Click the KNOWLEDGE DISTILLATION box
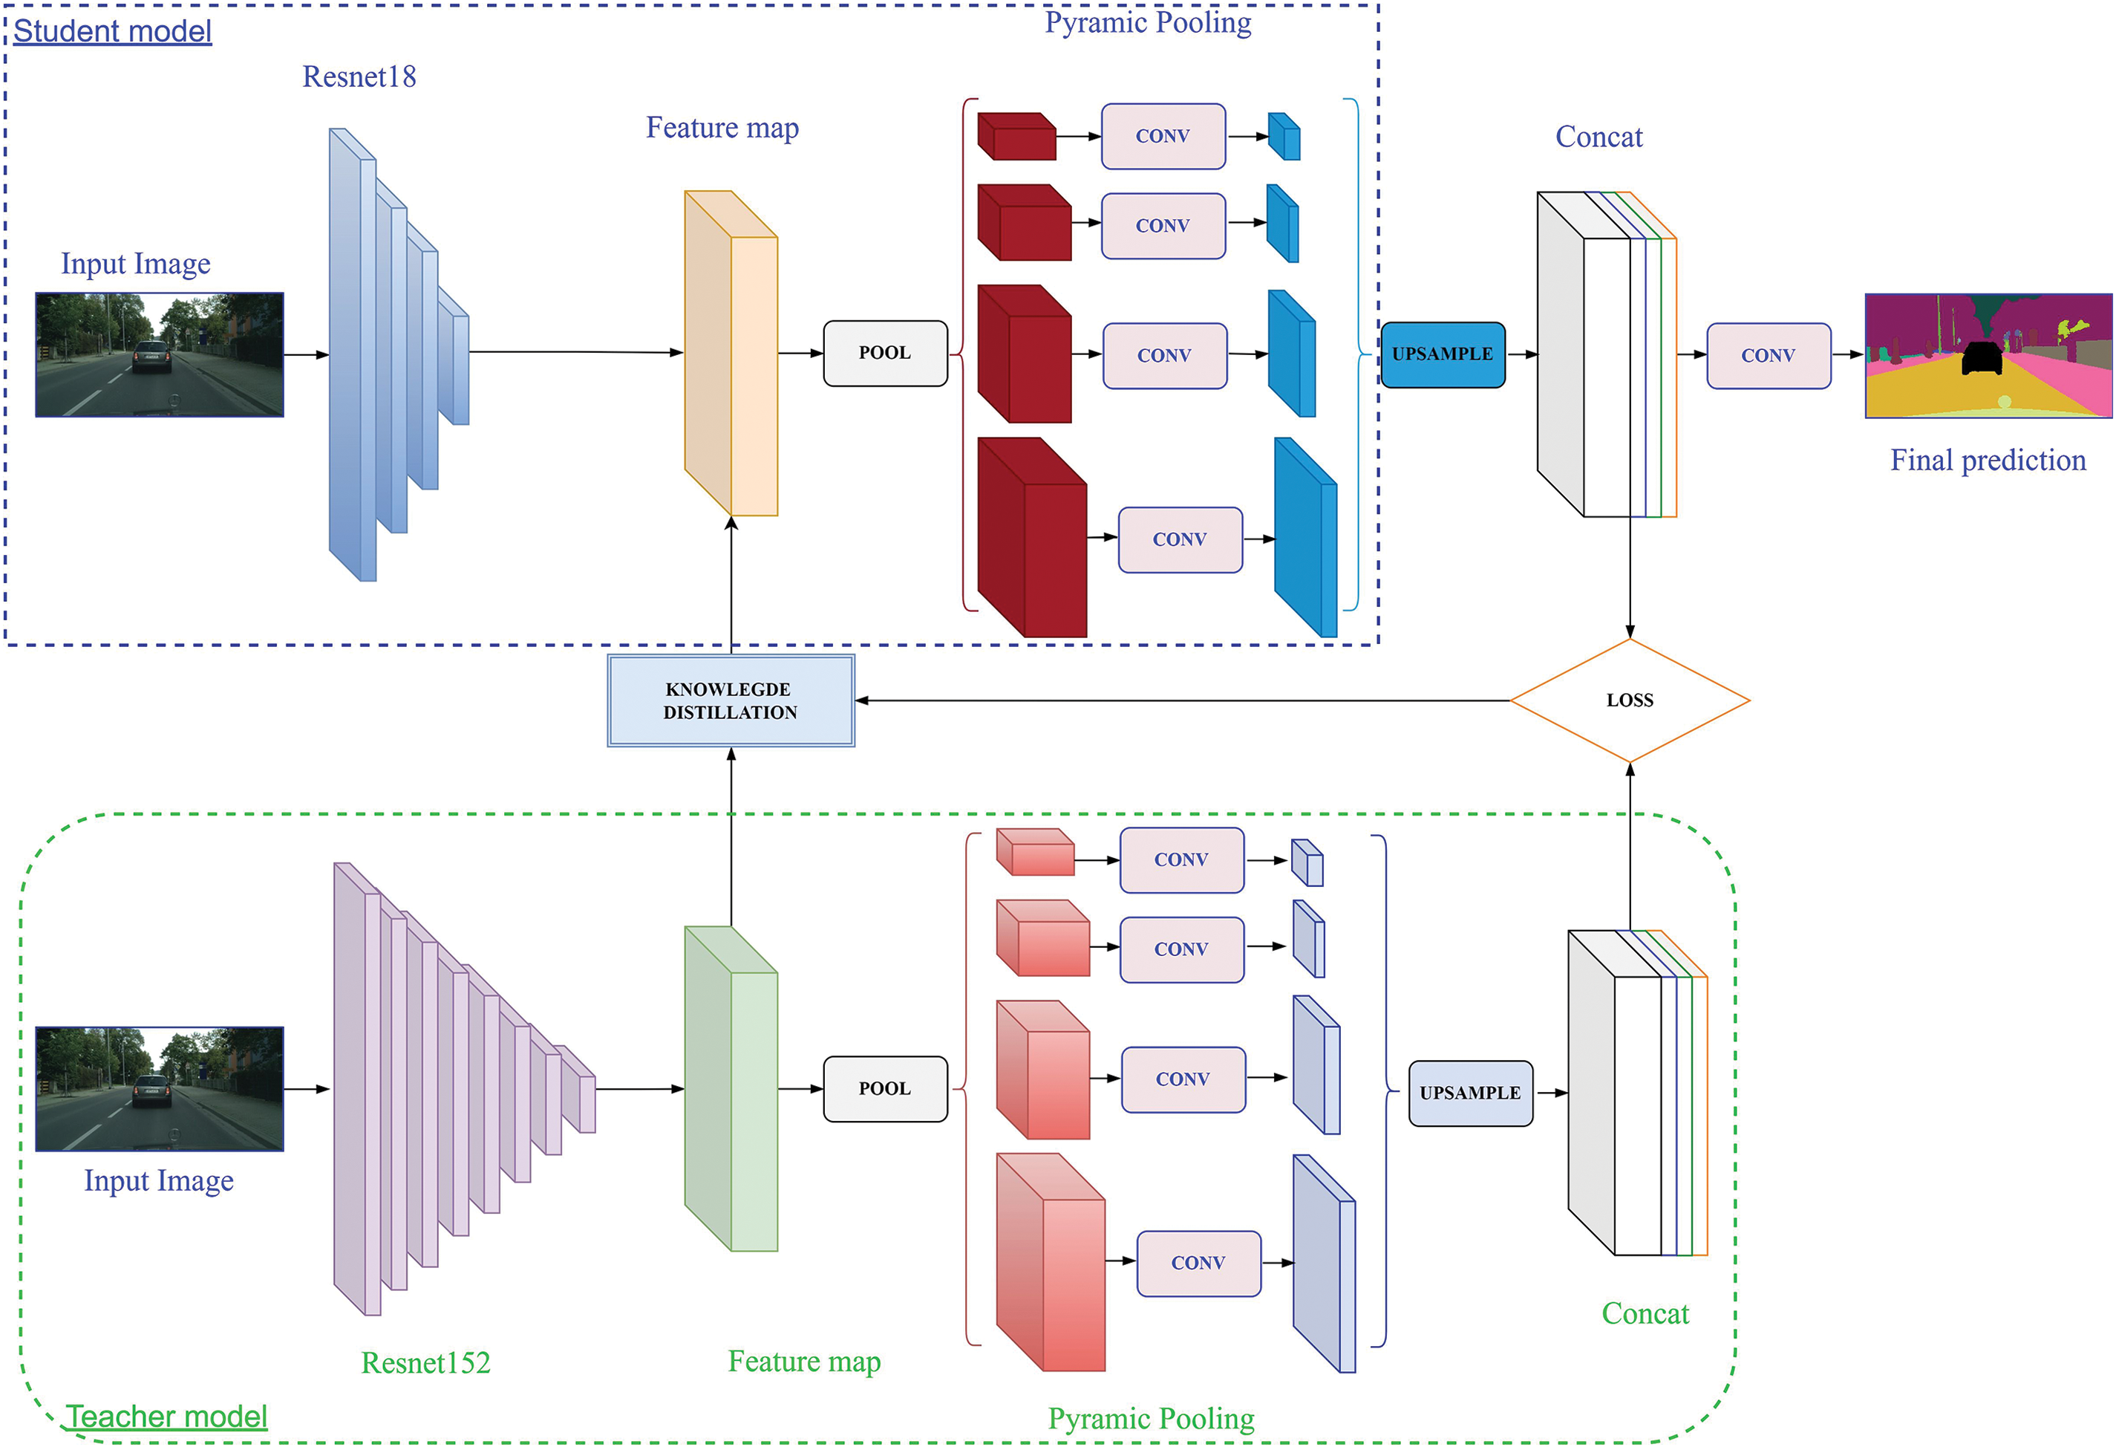point(731,700)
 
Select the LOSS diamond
point(1629,700)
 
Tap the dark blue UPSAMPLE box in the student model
point(1443,354)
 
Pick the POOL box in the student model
point(885,354)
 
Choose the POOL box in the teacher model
point(885,1088)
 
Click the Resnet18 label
point(359,77)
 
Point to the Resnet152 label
point(425,1362)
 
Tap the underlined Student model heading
point(112,31)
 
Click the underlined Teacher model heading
point(166,1417)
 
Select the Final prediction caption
point(1988,461)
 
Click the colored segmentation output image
point(1988,355)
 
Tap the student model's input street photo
point(160,354)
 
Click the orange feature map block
point(731,354)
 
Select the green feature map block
point(731,1088)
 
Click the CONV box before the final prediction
point(1769,356)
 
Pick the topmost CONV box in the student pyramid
point(1163,137)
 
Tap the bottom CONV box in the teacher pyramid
point(1198,1264)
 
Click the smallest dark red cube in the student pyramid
point(1016,137)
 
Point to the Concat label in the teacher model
point(1645,1313)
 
